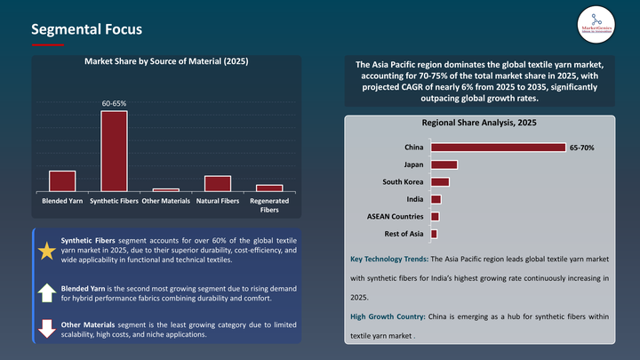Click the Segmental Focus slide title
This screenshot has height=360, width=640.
86,29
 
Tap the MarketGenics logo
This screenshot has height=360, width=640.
595,24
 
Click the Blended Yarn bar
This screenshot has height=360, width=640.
61,180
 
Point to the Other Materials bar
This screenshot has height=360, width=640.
165,189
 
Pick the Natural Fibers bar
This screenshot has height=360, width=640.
217,183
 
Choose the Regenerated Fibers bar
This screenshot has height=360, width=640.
269,188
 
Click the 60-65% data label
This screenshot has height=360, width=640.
114,104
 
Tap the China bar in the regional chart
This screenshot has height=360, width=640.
498,148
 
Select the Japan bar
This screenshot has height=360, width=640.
444,164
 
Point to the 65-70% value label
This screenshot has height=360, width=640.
582,148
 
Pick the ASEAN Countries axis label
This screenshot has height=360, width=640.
395,216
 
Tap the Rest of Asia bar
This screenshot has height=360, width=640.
434,234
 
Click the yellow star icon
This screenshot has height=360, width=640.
46,251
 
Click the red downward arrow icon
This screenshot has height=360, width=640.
46,328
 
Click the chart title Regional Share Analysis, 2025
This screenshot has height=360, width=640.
478,123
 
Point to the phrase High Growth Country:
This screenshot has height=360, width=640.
389,317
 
